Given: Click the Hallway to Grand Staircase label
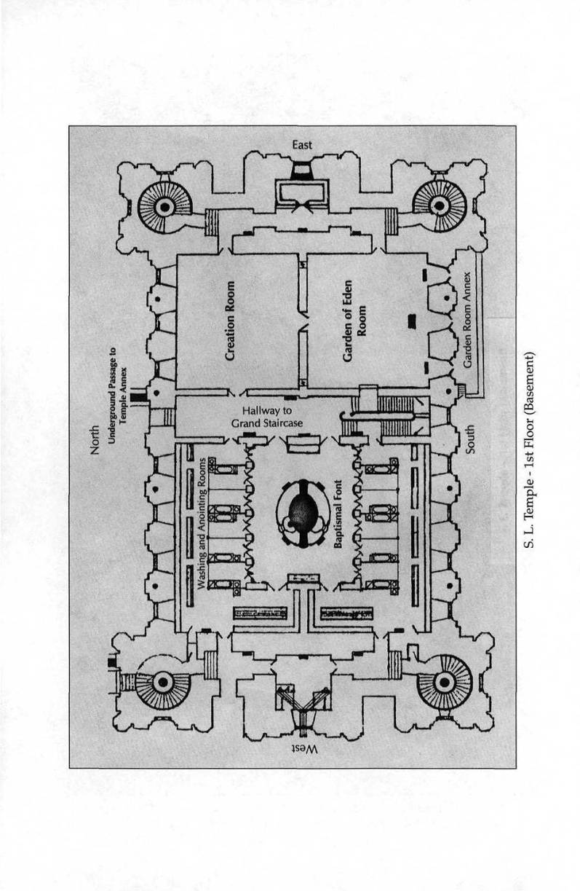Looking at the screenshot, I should tap(266, 416).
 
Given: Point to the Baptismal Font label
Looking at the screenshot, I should tap(338, 524).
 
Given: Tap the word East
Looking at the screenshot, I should tap(302, 145).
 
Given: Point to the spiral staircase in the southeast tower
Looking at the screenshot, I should tap(439, 205).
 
